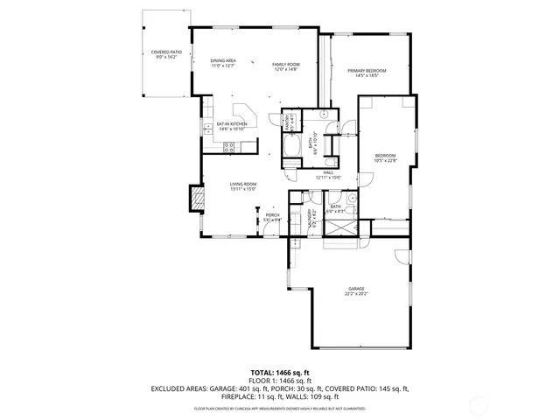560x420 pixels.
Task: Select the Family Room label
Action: pyautogui.click(x=285, y=66)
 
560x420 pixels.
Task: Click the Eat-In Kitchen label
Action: pyautogui.click(x=232, y=125)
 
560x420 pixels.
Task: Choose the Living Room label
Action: pyautogui.click(x=242, y=185)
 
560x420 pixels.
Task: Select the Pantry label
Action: pyautogui.click(x=286, y=121)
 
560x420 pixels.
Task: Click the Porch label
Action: pyautogui.click(x=272, y=217)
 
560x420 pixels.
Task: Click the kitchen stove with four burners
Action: pyautogui.click(x=228, y=148)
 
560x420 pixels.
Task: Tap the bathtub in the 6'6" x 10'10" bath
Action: pyautogui.click(x=291, y=145)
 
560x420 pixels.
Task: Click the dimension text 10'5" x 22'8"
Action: pyautogui.click(x=385, y=159)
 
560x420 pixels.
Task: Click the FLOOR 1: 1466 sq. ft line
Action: pyautogui.click(x=280, y=381)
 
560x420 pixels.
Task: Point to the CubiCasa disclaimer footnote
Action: pyautogui.click(x=280, y=408)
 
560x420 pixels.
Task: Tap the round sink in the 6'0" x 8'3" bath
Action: pyautogui.click(x=351, y=200)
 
